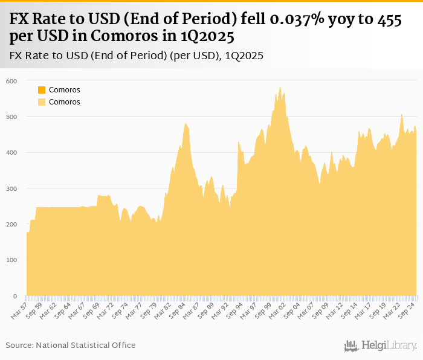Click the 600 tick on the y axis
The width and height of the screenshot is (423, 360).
point(12,81)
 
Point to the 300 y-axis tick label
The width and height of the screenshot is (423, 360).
point(12,189)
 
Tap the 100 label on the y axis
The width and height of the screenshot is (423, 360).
point(12,260)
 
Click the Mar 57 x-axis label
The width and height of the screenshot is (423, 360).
point(19,310)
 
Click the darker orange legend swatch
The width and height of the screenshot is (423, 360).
point(42,90)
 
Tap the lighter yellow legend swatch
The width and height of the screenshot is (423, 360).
point(42,102)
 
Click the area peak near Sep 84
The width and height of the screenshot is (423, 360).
point(186,124)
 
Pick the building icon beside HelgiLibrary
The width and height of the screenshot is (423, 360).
point(351,346)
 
